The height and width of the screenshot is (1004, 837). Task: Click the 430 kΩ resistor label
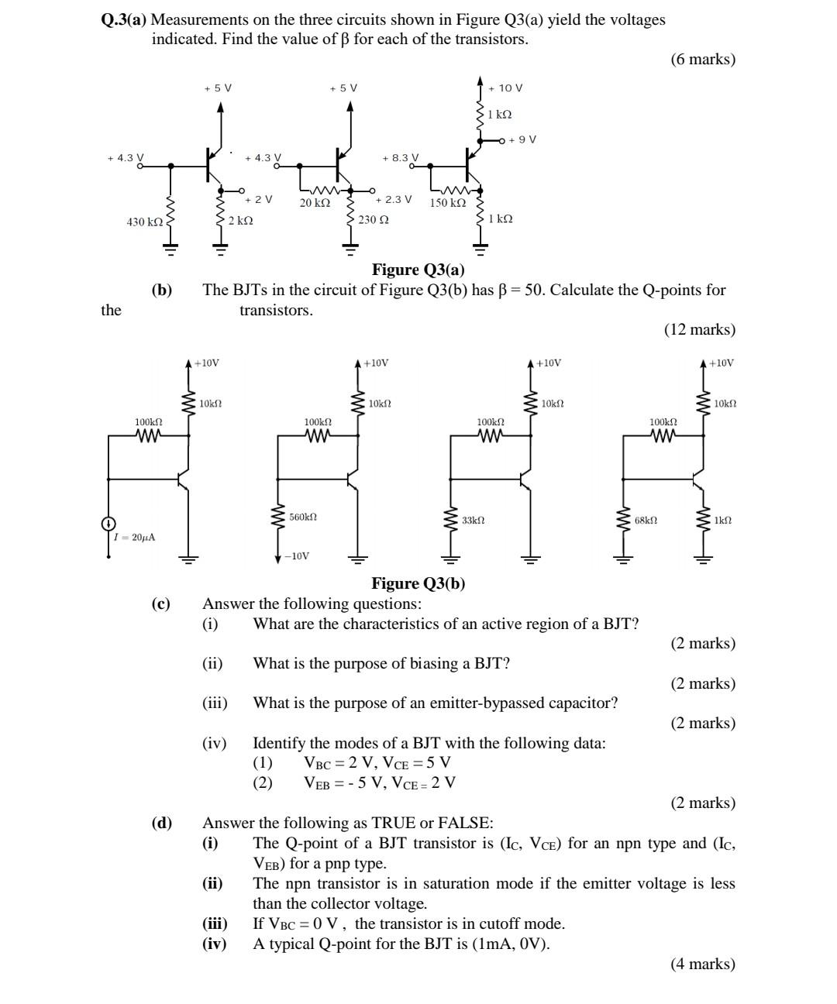pos(145,222)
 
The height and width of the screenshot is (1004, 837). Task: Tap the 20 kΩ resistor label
pos(315,203)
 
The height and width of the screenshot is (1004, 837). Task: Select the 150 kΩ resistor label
pos(448,203)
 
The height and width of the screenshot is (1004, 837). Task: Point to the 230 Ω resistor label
pos(374,220)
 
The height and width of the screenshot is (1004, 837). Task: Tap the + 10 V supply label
pos(505,88)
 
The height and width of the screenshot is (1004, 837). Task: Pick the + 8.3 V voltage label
pos(401,157)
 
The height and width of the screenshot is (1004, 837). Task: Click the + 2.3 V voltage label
pos(394,199)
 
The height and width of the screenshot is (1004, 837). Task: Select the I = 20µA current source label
pos(134,537)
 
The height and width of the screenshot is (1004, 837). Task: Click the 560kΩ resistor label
pos(303,517)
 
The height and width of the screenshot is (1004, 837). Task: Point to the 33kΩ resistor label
pos(473,520)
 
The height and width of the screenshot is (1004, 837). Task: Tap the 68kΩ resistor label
pos(646,520)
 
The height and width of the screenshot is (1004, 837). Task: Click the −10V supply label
pos(297,556)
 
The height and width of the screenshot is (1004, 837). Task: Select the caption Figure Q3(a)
pos(418,270)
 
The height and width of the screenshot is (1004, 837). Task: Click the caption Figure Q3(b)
pos(418,583)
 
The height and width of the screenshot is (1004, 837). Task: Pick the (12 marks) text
pos(699,329)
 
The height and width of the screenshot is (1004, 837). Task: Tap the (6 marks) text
pos(703,59)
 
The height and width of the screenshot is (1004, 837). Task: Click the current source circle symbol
pos(109,524)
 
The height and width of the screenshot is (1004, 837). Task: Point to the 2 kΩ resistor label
pos(240,221)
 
